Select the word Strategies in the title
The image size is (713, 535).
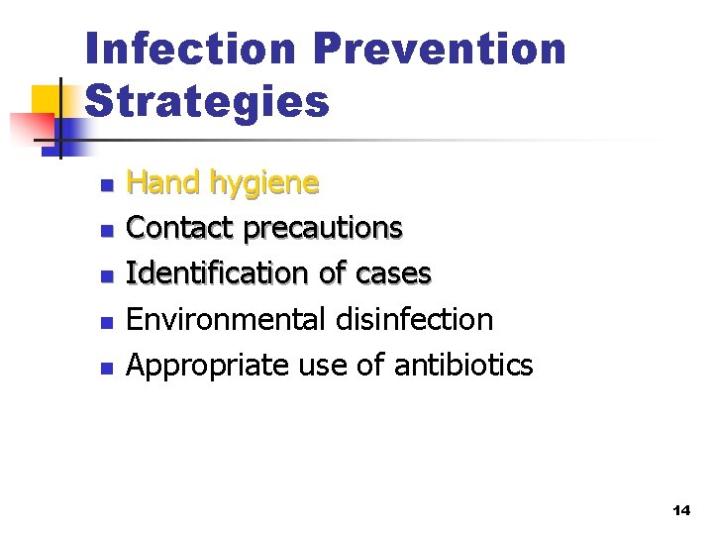pyautogui.click(x=207, y=101)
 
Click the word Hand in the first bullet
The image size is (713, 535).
pyautogui.click(x=163, y=182)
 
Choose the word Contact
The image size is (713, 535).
pyautogui.click(x=182, y=228)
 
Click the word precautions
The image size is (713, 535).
pyautogui.click(x=324, y=229)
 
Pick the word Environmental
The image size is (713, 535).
pyautogui.click(x=224, y=319)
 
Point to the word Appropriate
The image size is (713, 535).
pyautogui.click(x=209, y=366)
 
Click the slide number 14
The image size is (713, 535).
pyautogui.click(x=679, y=511)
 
